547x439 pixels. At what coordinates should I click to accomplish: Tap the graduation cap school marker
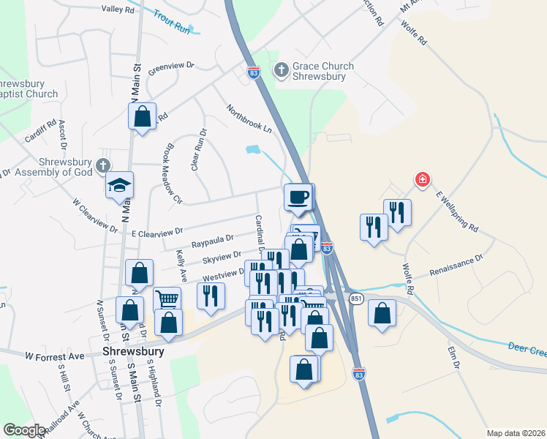(x=119, y=186)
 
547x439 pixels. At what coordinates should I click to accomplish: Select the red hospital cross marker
(x=422, y=179)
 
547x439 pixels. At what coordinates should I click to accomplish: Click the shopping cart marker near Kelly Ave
(x=167, y=299)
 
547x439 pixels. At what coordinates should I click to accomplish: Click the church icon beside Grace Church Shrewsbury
(x=280, y=70)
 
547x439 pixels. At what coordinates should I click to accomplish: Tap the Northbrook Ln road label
(x=248, y=117)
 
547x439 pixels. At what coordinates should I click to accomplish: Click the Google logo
(x=24, y=430)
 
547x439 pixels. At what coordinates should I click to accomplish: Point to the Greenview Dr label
(x=170, y=70)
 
